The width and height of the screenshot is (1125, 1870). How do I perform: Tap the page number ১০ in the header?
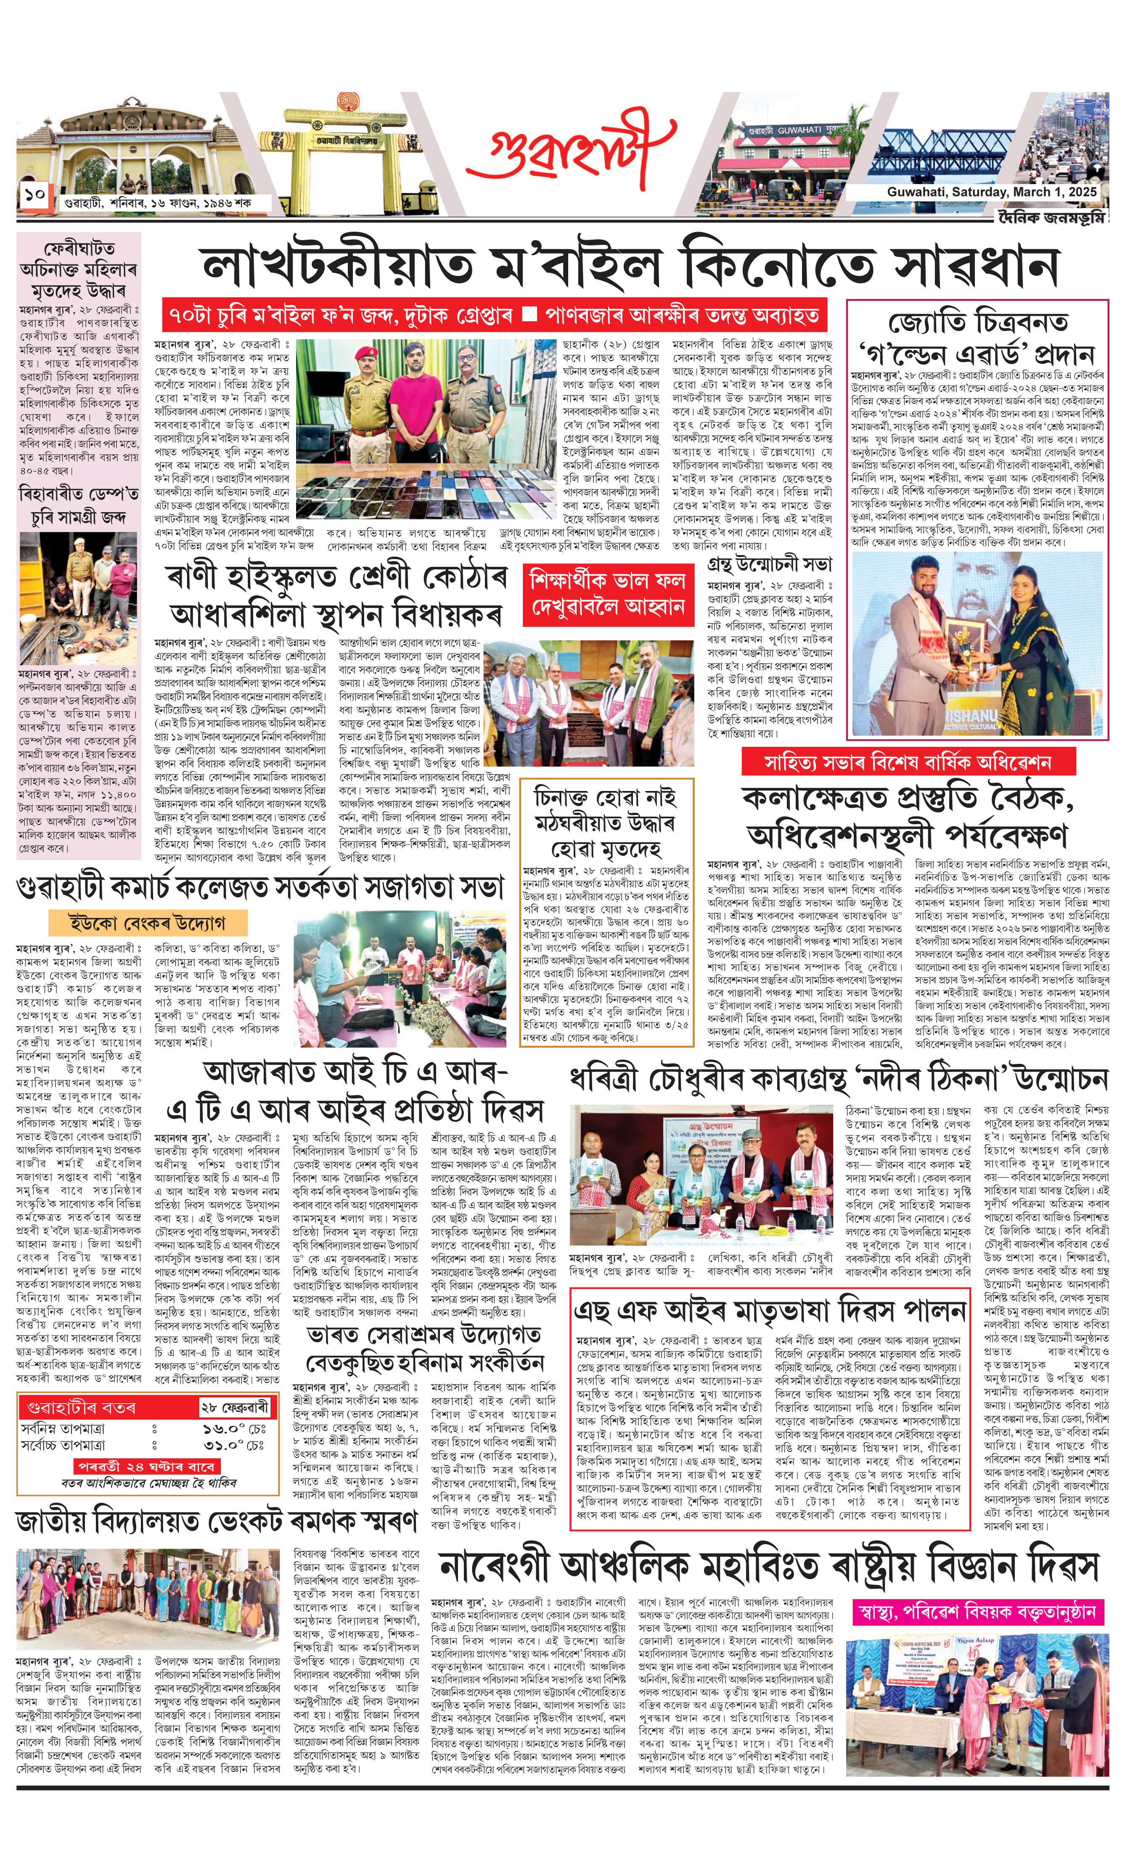(x=34, y=195)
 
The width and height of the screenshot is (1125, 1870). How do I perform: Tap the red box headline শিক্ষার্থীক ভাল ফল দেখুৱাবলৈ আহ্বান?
(x=608, y=593)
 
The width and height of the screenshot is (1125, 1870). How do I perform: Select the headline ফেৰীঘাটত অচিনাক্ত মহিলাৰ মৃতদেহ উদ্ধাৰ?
(x=79, y=269)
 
